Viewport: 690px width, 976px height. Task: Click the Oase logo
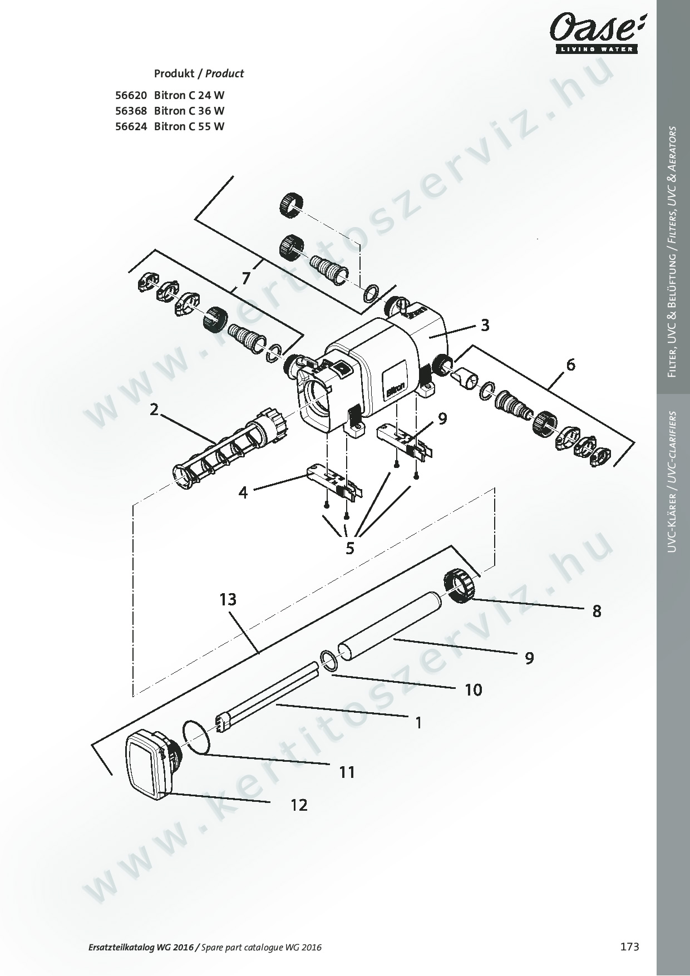[x=593, y=34]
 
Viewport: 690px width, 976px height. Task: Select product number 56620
[x=131, y=95]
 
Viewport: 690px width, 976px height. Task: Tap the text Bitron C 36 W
[x=189, y=111]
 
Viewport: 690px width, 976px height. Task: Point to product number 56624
[x=131, y=126]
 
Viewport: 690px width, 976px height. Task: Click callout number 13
[x=228, y=599]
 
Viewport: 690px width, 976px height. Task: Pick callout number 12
[x=299, y=805]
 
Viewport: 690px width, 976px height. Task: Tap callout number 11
[x=347, y=772]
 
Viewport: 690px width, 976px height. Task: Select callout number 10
[x=474, y=690]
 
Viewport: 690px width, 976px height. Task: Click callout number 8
[x=597, y=612]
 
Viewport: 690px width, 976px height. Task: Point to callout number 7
[x=245, y=277]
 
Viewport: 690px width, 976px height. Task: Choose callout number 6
[x=571, y=365]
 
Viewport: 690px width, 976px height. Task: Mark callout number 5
[x=350, y=549]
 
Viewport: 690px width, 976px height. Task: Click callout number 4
[x=243, y=492]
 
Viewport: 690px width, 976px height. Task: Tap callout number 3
[x=485, y=325]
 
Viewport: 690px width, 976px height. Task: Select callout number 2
[x=154, y=410]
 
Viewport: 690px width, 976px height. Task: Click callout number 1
[x=418, y=723]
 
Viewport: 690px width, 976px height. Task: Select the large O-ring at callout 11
[x=197, y=737]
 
